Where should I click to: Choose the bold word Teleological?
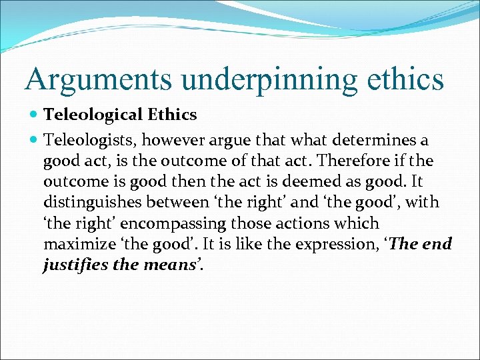coord(93,115)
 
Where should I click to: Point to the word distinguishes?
coord(88,203)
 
